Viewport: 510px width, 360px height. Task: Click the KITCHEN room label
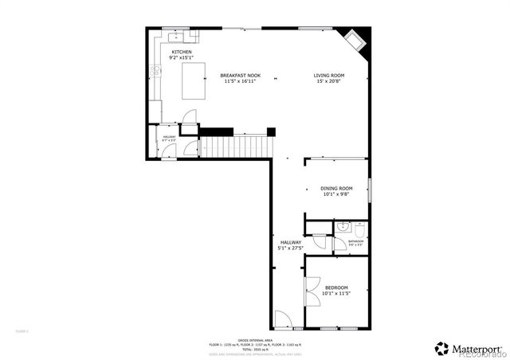[x=182, y=53]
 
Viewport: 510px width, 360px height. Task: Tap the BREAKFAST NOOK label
[x=239, y=75]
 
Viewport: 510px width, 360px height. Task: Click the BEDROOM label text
[x=336, y=288]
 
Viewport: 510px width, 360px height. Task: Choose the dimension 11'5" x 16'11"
[x=239, y=80]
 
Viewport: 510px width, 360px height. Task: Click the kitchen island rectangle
[x=194, y=81]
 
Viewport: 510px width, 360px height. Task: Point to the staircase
[x=236, y=147]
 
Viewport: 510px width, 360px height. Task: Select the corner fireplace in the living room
[x=354, y=39]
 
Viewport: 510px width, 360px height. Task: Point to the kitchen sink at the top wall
[x=175, y=36]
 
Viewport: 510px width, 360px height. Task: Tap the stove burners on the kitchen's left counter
[x=157, y=73]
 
